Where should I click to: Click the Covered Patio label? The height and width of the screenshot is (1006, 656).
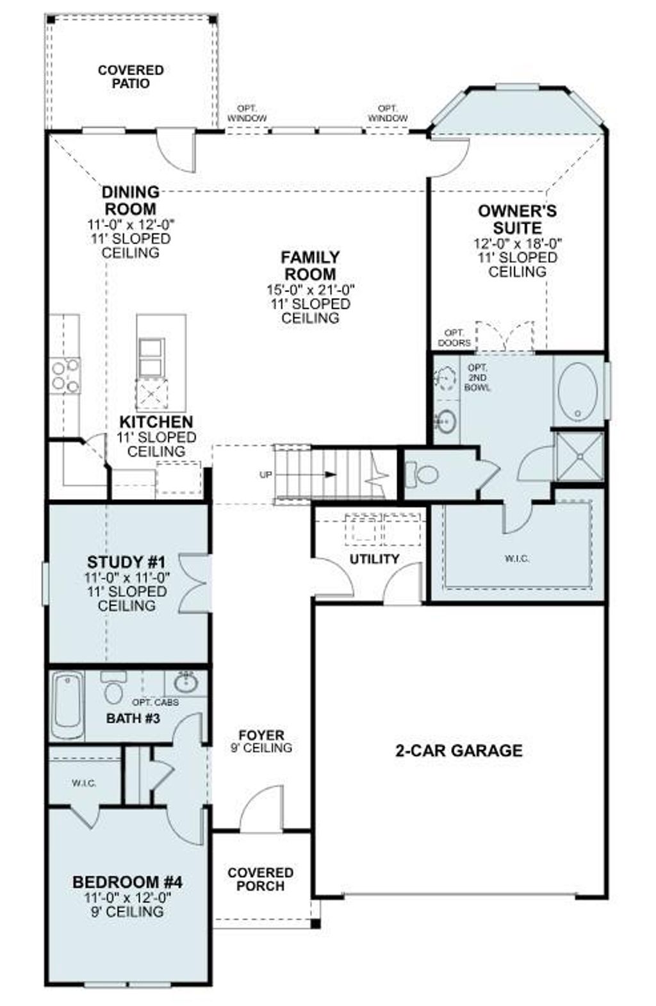tap(131, 77)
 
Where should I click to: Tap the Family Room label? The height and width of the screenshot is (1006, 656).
tap(311, 265)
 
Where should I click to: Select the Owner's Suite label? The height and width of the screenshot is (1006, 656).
tap(517, 219)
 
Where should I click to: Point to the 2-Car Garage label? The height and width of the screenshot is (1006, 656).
tap(459, 750)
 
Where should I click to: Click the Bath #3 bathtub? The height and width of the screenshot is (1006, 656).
tap(67, 705)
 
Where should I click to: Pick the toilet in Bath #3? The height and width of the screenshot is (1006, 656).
tap(114, 689)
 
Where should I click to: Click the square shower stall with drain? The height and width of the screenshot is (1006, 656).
tap(580, 456)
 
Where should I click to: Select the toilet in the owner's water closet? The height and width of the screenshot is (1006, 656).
tap(423, 475)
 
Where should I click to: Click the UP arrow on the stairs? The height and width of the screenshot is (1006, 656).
tap(329, 475)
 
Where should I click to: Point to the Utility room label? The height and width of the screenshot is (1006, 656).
tap(374, 559)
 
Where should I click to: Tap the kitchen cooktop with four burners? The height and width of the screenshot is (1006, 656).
tap(65, 375)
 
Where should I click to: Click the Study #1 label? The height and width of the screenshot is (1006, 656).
tap(126, 562)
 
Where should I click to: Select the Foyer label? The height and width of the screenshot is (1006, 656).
tap(261, 735)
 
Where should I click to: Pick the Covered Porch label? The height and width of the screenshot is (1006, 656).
tap(260, 879)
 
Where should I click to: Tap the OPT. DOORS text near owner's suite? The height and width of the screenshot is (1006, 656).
tap(454, 338)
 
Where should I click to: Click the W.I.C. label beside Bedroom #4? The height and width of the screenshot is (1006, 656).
tap(84, 782)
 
